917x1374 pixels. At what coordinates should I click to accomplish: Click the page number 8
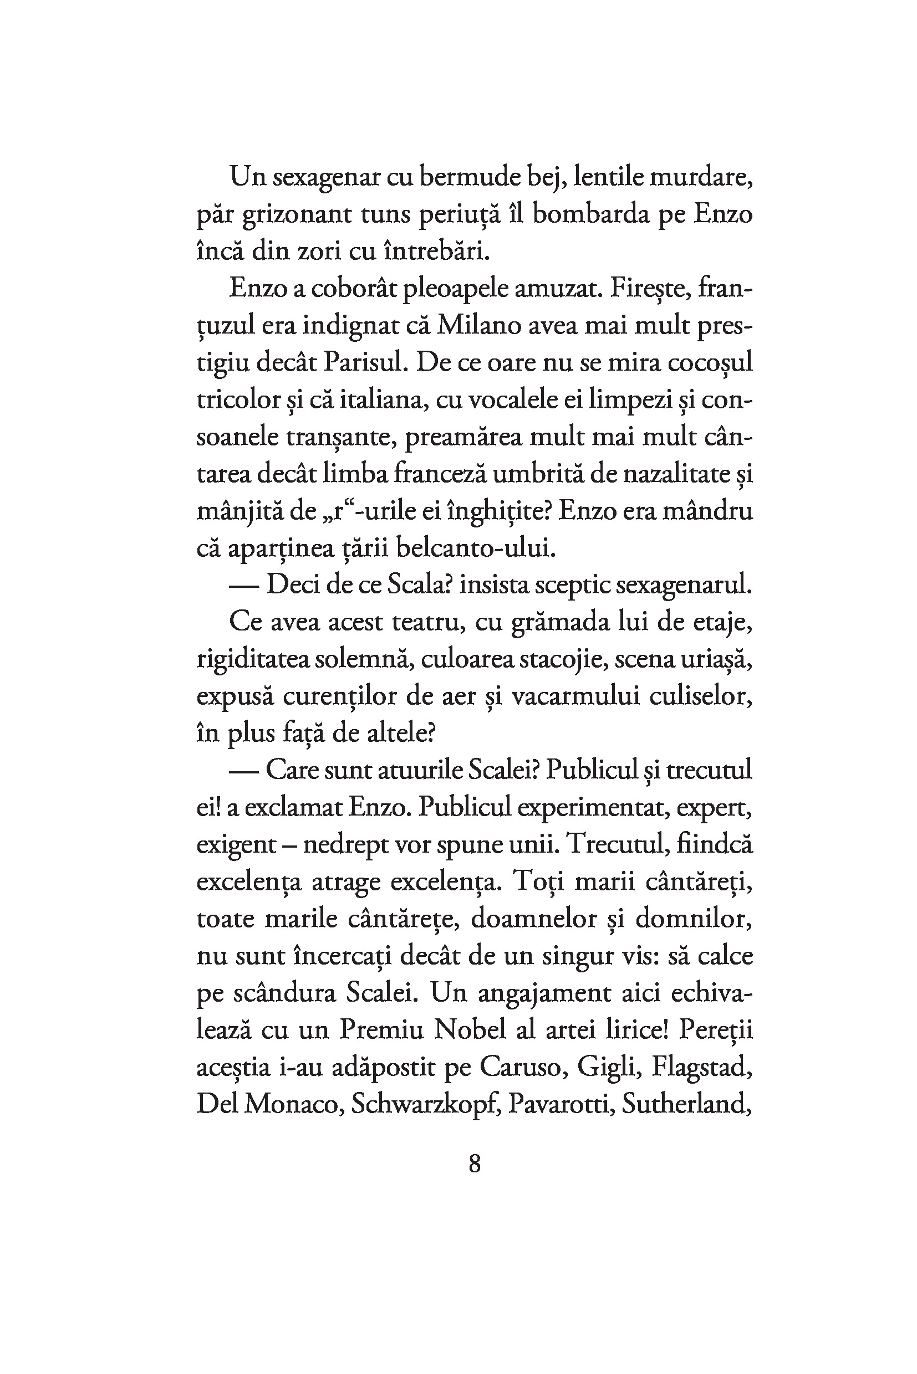tap(475, 1164)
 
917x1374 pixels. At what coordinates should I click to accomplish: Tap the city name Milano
tap(479, 326)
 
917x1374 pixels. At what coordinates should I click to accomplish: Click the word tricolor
tap(237, 401)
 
